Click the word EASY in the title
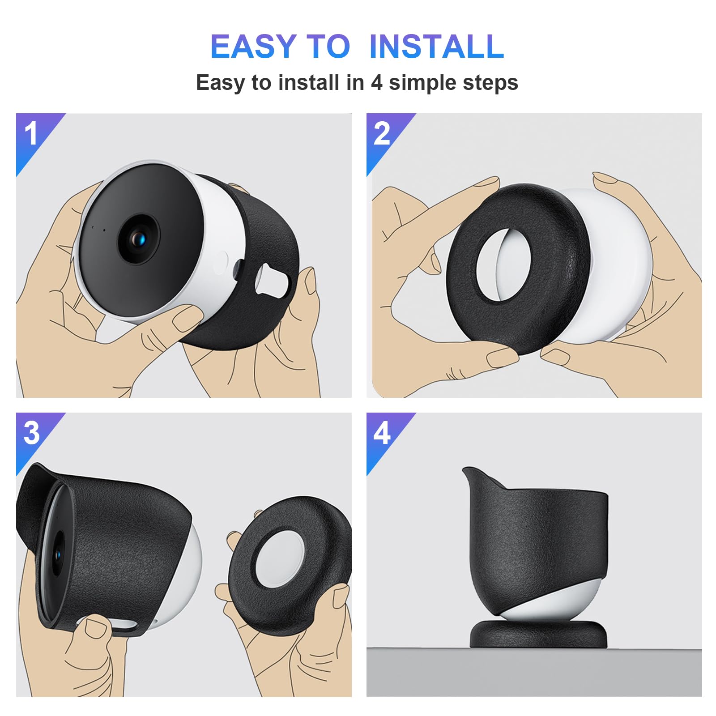tap(253, 47)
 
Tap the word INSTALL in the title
tap(436, 47)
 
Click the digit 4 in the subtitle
tap(376, 83)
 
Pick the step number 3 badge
tap(31, 433)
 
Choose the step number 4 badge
tap(382, 433)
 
